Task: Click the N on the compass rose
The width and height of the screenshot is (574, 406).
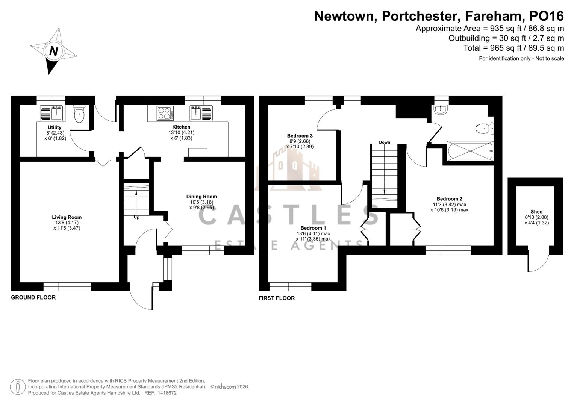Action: pos(54,51)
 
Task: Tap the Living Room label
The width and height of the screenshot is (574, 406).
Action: pos(67,217)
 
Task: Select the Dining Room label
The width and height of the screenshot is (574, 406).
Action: pos(201,197)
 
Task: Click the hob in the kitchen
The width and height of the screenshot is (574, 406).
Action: pos(165,113)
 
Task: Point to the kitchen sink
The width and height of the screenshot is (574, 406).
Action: pos(201,113)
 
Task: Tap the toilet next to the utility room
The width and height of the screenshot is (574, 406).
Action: pos(79,115)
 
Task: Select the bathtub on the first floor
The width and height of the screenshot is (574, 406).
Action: pos(470,151)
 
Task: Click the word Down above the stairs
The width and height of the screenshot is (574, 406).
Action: pos(384,142)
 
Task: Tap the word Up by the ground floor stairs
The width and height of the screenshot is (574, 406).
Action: pos(136,217)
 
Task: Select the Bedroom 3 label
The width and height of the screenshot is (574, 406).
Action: pos(300,136)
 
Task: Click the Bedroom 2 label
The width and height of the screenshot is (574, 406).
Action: pos(449,199)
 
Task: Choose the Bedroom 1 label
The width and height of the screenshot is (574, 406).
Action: pos(313,228)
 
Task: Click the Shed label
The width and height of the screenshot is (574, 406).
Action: pos(536,212)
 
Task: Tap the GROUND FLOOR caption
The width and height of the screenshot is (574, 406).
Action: pos(33,297)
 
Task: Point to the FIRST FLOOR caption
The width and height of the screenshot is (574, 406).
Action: pos(277,298)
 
